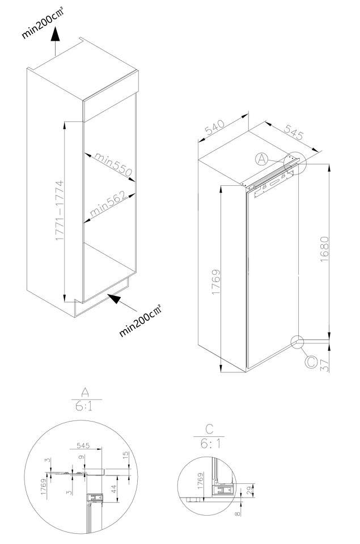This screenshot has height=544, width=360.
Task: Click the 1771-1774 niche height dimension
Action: [x=60, y=211]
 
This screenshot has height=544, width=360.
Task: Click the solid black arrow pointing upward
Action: [x=55, y=35]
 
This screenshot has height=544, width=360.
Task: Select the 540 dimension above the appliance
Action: [x=215, y=127]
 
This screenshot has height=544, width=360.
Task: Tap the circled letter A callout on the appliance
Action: [x=262, y=159]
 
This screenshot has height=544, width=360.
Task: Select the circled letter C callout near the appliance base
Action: [x=311, y=362]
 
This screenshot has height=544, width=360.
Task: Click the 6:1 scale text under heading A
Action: [x=84, y=406]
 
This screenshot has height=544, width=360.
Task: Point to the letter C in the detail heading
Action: [x=209, y=430]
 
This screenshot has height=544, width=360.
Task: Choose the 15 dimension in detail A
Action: [x=126, y=453]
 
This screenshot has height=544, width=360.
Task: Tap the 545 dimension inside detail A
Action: [x=83, y=445]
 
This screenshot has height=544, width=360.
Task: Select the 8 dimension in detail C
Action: [x=238, y=513]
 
